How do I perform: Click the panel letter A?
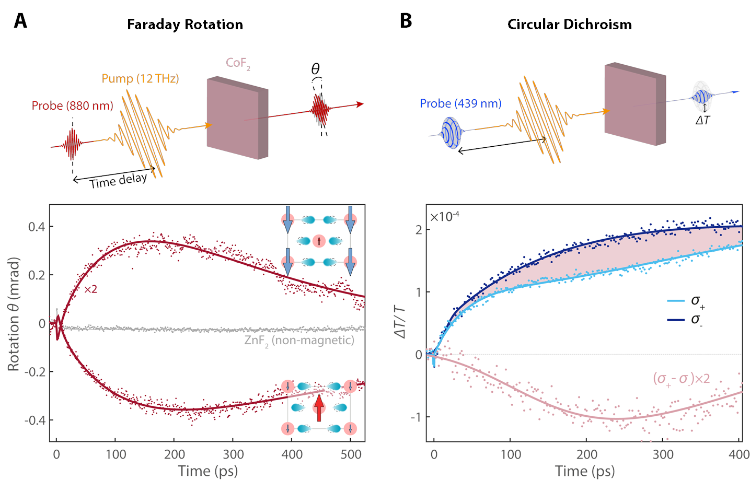click(20, 21)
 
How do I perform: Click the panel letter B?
click(406, 21)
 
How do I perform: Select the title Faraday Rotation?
click(185, 25)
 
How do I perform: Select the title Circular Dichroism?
click(569, 25)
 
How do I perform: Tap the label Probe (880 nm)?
click(72, 106)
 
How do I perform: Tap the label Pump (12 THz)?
click(140, 78)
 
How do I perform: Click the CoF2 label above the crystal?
click(238, 63)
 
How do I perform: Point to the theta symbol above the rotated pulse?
click(315, 69)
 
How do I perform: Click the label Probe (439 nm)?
click(460, 103)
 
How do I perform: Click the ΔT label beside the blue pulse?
click(702, 120)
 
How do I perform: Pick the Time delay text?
click(118, 181)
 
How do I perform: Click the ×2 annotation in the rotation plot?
click(90, 289)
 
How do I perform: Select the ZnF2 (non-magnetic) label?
click(299, 341)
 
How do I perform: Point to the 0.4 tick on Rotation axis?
click(37, 227)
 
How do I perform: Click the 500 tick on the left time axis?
click(351, 454)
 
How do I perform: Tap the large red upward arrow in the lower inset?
click(319, 407)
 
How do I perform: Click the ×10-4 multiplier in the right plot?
click(444, 216)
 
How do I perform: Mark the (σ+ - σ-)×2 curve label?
click(681, 378)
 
